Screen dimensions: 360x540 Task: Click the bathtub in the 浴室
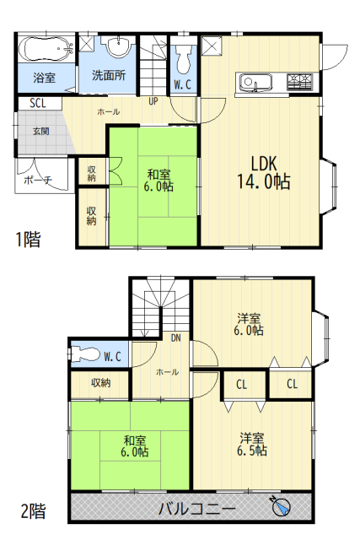tap(46, 50)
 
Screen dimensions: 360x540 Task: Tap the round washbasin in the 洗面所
tap(119, 45)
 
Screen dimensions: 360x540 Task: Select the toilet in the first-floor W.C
tap(183, 58)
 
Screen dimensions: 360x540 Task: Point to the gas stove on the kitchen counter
tap(300, 82)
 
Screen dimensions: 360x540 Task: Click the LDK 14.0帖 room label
tap(264, 172)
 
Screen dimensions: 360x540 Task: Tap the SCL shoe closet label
tap(37, 103)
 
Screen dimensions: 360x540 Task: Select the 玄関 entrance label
tap(41, 132)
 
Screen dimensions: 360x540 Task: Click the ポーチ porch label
tap(38, 180)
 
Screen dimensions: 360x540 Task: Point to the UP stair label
tap(153, 101)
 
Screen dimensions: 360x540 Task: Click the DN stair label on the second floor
tap(176, 337)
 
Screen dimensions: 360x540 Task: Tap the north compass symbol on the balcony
tap(282, 506)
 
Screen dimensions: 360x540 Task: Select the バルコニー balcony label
tap(197, 509)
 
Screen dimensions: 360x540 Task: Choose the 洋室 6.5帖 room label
tap(252, 445)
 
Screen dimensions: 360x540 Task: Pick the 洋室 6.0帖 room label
tap(249, 324)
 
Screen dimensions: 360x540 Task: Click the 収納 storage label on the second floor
tap(101, 382)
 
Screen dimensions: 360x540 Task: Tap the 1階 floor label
tap(28, 240)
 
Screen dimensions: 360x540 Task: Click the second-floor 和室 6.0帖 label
tap(135, 445)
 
